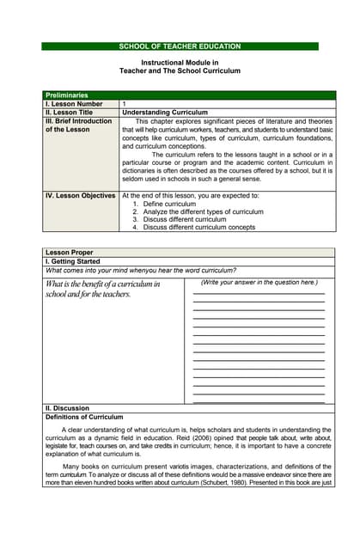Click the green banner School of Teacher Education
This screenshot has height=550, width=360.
tap(180, 46)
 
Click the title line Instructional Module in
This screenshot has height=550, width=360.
tap(180, 64)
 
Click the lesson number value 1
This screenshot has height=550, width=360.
tap(125, 103)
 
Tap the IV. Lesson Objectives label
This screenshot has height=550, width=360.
tap(80, 196)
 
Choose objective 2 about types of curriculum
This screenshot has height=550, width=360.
tap(203, 211)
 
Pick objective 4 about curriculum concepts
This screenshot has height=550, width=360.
tap(198, 227)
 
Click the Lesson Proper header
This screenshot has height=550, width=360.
tap(69, 253)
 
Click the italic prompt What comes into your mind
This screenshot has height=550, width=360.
tap(141, 270)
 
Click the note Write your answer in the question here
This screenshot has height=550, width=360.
tap(259, 283)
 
